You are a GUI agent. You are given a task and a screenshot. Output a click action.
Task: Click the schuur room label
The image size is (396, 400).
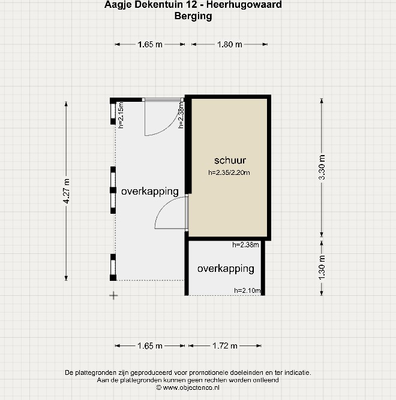[x=230, y=160]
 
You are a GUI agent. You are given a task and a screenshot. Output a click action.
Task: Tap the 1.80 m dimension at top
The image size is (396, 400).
[x=230, y=44]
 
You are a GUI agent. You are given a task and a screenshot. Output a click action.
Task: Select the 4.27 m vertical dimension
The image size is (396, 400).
[x=67, y=191]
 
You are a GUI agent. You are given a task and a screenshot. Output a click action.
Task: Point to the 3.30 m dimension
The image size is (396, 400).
[x=322, y=167]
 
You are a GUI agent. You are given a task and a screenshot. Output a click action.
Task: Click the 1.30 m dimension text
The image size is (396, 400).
[x=322, y=267]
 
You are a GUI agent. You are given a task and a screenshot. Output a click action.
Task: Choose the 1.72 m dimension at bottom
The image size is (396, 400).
[x=225, y=346]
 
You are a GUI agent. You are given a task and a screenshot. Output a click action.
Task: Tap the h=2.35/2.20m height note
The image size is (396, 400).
[x=229, y=172]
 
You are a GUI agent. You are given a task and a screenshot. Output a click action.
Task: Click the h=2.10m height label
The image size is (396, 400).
[x=247, y=290]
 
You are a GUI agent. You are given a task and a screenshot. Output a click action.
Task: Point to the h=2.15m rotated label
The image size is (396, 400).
[x=121, y=115]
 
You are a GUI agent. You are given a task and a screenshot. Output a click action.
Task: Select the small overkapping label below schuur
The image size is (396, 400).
[x=226, y=269]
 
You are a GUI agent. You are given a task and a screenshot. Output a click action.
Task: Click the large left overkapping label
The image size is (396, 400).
[x=150, y=192]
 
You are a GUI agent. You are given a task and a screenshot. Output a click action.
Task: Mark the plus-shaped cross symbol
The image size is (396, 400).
[x=113, y=296]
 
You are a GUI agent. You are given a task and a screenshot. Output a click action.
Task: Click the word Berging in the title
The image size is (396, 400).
[x=193, y=16]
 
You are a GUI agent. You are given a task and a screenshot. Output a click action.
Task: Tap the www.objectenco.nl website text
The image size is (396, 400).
[x=191, y=388]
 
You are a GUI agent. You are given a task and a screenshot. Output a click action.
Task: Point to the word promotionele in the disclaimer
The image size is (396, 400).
[x=208, y=372]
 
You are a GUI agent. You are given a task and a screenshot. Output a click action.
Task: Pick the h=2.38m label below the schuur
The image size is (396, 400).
[x=245, y=245]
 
